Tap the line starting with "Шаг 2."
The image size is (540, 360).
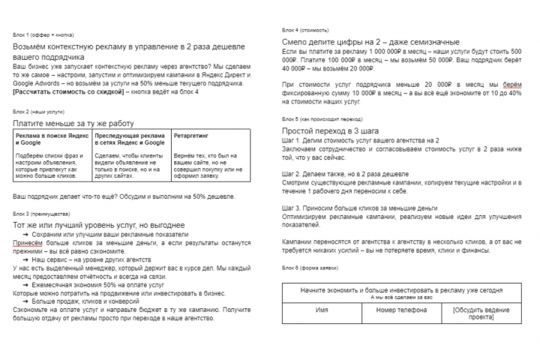pyautogui.click(x=345, y=172)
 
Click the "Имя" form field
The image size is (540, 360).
pyautogui.click(x=322, y=308)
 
